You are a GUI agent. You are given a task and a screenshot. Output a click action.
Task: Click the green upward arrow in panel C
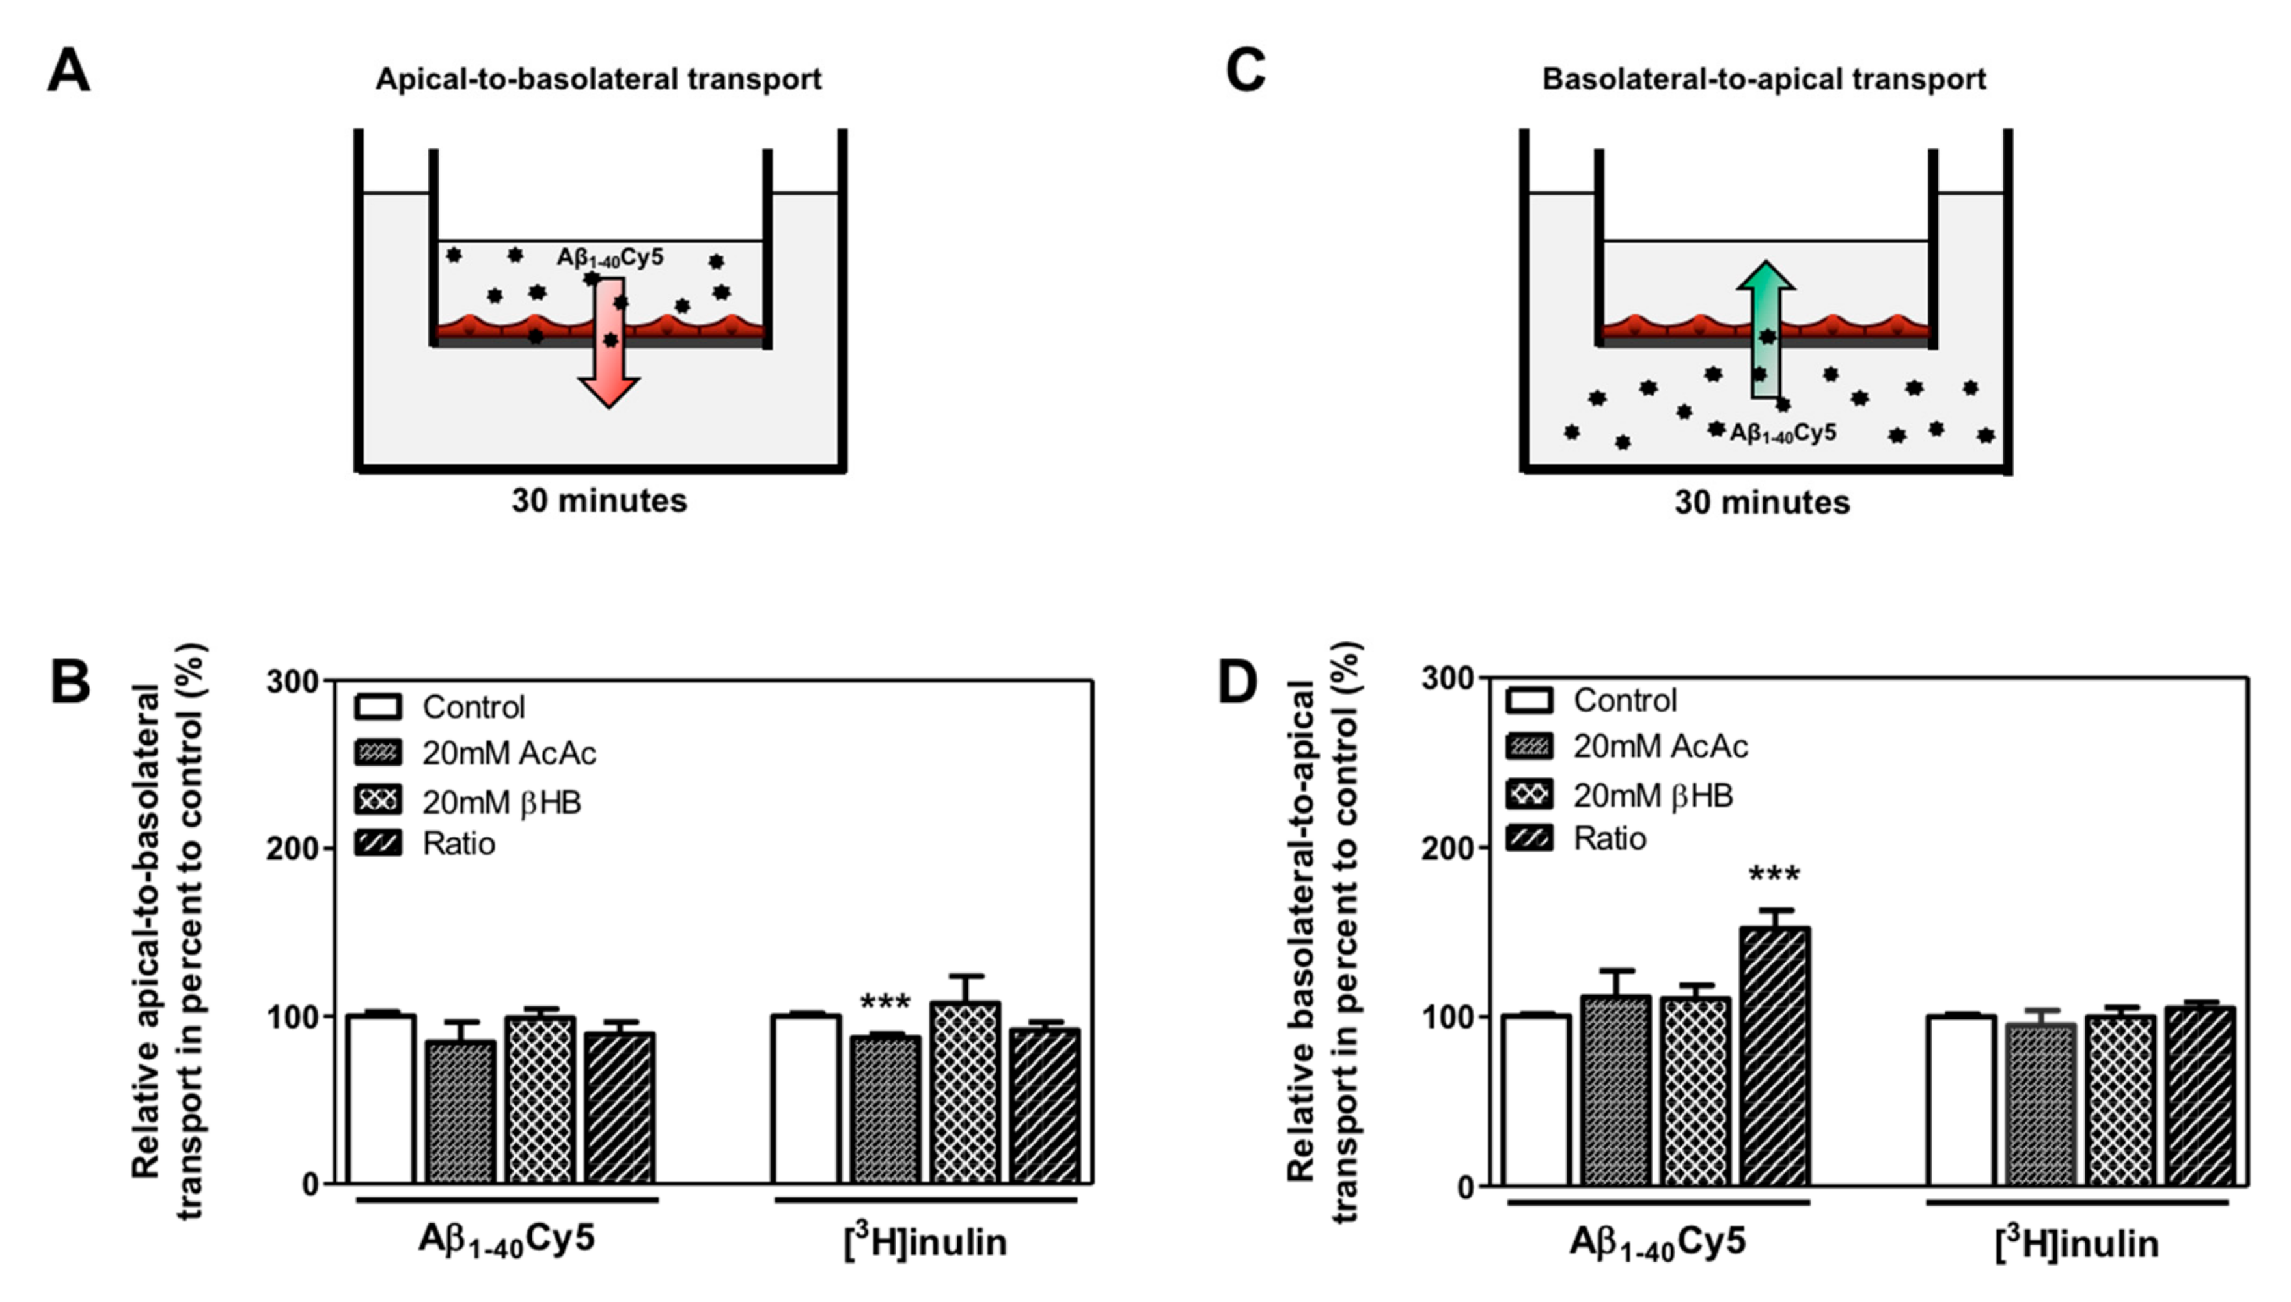(1764, 331)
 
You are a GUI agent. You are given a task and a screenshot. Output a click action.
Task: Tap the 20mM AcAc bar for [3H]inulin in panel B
(885, 1109)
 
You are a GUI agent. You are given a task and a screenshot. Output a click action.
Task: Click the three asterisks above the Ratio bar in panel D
(1774, 874)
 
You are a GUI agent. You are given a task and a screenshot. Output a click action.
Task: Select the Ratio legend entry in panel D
(1609, 838)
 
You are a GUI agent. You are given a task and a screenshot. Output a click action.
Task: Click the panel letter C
(1245, 72)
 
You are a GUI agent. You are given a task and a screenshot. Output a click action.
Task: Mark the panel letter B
(70, 682)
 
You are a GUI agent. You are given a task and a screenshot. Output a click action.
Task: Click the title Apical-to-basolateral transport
(598, 79)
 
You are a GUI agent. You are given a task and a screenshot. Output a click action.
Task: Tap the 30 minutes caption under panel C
(1762, 503)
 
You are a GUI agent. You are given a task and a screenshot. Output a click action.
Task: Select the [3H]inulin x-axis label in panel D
(2076, 1242)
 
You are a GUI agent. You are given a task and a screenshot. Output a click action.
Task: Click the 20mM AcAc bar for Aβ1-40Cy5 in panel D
(1615, 1091)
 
